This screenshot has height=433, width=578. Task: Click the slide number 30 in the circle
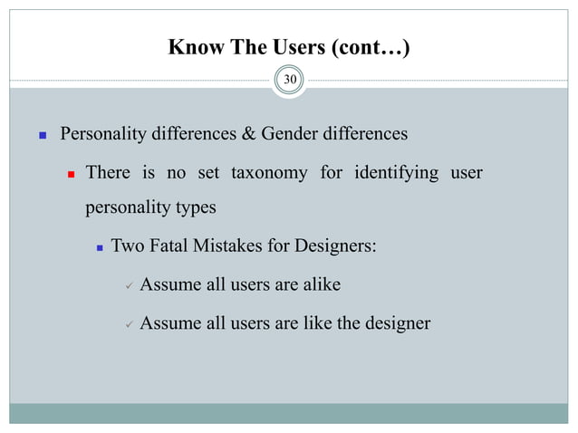click(290, 81)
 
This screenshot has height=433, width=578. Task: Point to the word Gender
click(292, 135)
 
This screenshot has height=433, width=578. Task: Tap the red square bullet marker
click(67, 173)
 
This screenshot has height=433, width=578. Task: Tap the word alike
click(318, 284)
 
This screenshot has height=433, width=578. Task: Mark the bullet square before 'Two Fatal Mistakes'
click(100, 245)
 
